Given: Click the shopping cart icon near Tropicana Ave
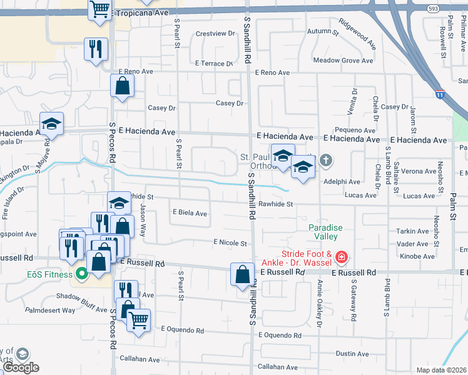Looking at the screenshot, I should coord(99,10).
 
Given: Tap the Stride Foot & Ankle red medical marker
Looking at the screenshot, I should coord(341,257).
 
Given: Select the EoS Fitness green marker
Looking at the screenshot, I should coord(81,274).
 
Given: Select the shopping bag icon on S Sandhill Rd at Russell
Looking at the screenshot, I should coord(242,274).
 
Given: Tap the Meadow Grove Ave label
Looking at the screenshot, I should coord(343,61).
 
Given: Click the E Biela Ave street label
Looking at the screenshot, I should coord(190,213).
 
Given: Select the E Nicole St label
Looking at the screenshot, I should coord(230,242).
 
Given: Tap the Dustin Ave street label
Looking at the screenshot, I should coord(352,354).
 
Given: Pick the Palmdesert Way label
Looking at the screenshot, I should coord(50,310).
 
